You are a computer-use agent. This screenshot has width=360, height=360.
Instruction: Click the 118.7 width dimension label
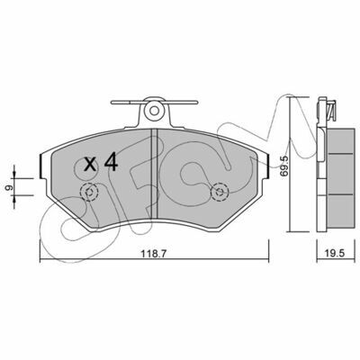click(154, 254)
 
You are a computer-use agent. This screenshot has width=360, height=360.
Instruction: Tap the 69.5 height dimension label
click(284, 166)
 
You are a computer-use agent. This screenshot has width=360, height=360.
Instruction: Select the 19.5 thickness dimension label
click(335, 254)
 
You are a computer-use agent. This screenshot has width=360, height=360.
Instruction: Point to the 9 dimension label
click(9, 187)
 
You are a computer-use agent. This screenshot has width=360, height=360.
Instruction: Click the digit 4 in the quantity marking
click(111, 162)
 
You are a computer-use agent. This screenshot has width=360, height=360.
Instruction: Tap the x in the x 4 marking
click(90, 165)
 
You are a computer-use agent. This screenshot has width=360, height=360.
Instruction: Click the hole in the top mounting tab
click(154, 111)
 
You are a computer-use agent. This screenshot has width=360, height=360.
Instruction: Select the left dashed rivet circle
click(89, 192)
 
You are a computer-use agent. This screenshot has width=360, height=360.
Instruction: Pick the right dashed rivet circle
click(220, 192)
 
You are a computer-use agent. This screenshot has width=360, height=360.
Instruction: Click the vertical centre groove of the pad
click(154, 175)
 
